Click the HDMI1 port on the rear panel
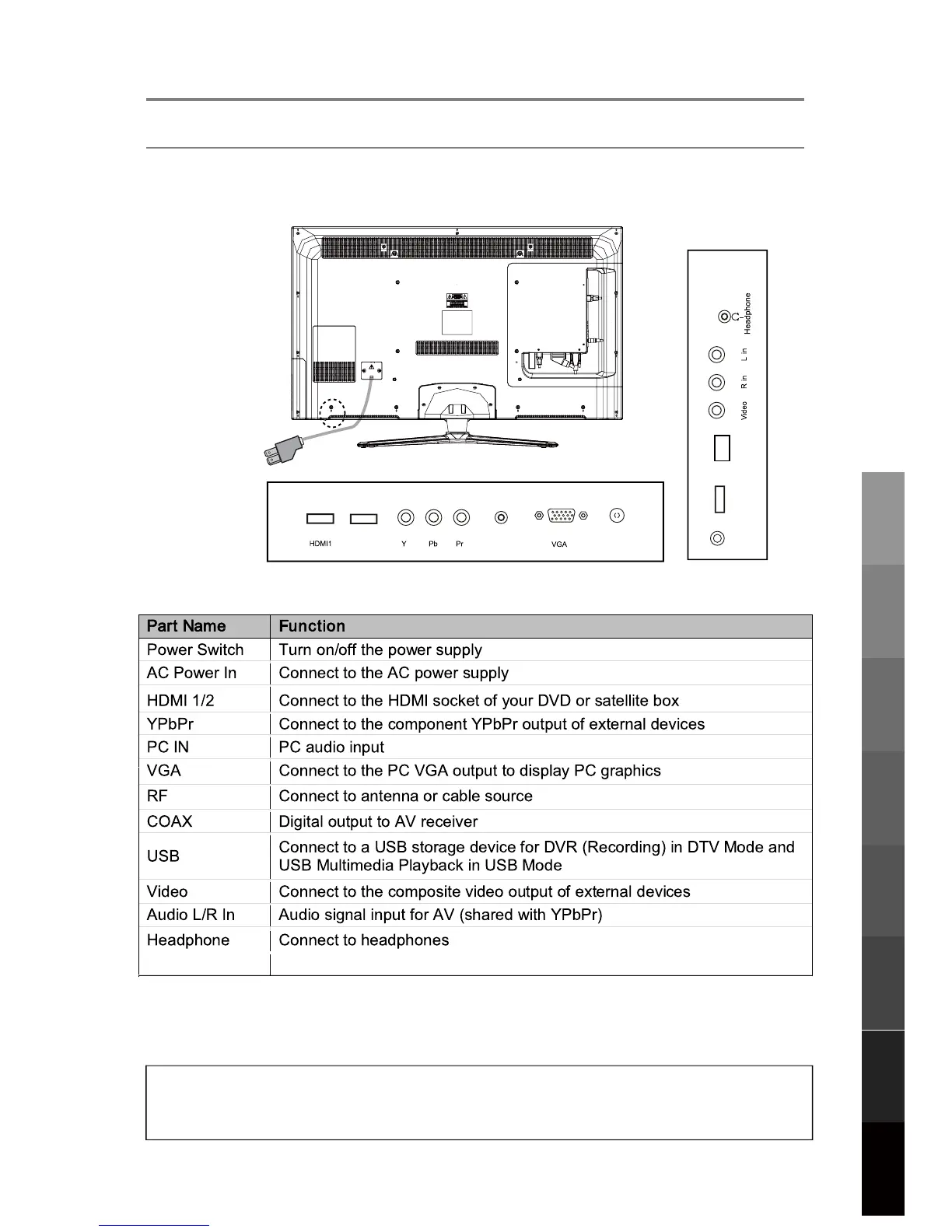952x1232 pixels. pyautogui.click(x=320, y=518)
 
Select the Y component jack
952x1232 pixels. pyautogui.click(x=405, y=517)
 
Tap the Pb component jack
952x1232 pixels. pyautogui.click(x=433, y=517)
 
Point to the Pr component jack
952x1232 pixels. pyautogui.click(x=461, y=517)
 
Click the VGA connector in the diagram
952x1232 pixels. pyautogui.click(x=561, y=516)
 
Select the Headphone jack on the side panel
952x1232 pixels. pyautogui.click(x=725, y=317)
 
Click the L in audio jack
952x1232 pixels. pyautogui.click(x=717, y=355)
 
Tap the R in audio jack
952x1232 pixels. pyautogui.click(x=717, y=383)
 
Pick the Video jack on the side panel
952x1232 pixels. pyautogui.click(x=717, y=411)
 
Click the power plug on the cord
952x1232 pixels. pyautogui.click(x=282, y=451)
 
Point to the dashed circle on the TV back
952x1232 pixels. pyautogui.click(x=332, y=412)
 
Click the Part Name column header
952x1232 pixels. pyautogui.click(x=187, y=626)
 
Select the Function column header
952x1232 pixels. pyautogui.click(x=312, y=626)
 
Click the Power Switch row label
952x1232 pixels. pyautogui.click(x=195, y=649)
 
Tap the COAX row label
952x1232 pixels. pyautogui.click(x=170, y=821)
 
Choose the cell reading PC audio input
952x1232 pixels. pyautogui.click(x=331, y=747)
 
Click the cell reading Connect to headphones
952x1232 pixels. pyautogui.click(x=363, y=940)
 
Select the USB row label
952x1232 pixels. pyautogui.click(x=163, y=856)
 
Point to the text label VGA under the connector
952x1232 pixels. pyautogui.click(x=559, y=544)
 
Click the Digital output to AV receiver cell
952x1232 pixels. pyautogui.click(x=378, y=821)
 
